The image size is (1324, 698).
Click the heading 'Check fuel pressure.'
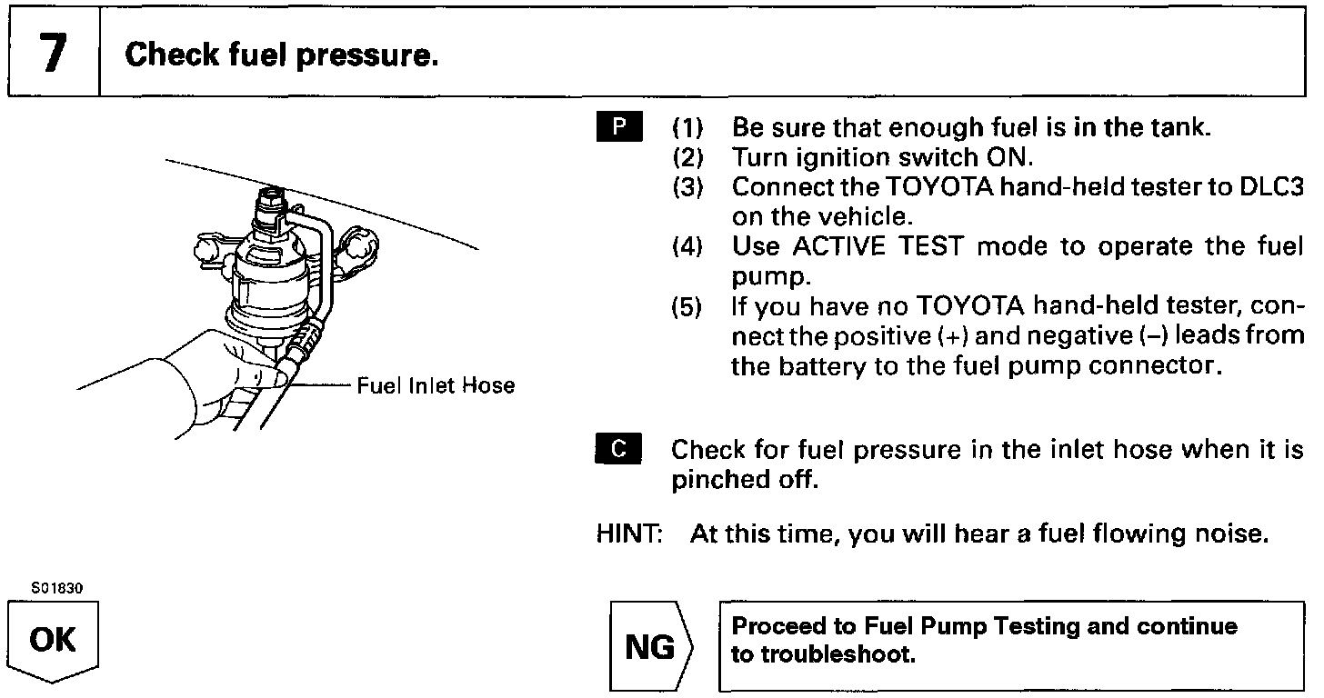[282, 55]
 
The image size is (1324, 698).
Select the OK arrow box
[53, 642]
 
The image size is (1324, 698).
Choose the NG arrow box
[651, 647]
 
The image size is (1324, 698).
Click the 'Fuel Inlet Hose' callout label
[435, 385]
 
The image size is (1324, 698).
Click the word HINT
[628, 533]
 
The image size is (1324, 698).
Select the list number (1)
[688, 127]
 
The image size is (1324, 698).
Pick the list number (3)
[688, 187]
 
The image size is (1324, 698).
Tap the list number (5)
[688, 307]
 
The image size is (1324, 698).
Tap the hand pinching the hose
[218, 382]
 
